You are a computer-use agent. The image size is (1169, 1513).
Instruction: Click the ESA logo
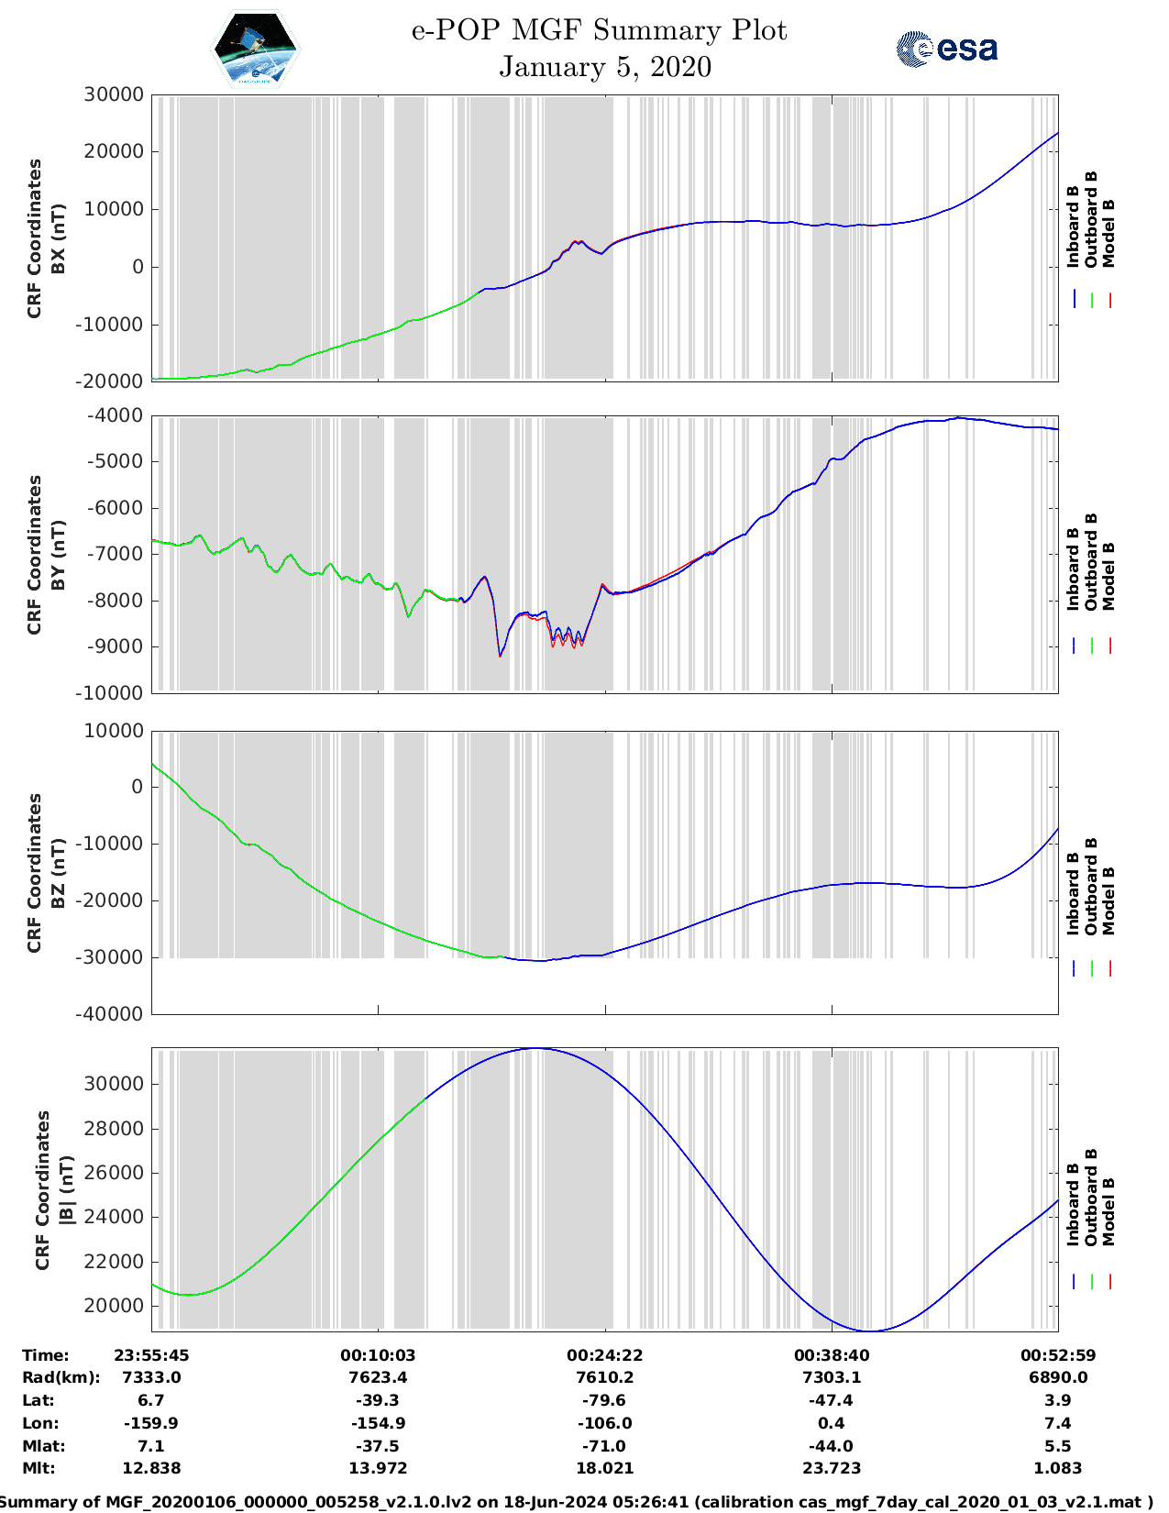click(x=947, y=49)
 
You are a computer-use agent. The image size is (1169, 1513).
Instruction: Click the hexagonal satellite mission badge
click(x=255, y=49)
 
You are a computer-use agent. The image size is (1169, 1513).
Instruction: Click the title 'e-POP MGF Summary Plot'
click(x=599, y=30)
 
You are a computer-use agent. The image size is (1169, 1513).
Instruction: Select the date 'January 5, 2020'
click(x=605, y=67)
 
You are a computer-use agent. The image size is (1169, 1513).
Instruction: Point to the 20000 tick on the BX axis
click(x=114, y=151)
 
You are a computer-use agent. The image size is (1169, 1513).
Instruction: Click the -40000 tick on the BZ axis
click(x=112, y=1014)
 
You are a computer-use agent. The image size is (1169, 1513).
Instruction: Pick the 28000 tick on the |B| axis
click(x=114, y=1129)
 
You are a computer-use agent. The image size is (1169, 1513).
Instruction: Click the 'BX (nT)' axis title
click(x=59, y=238)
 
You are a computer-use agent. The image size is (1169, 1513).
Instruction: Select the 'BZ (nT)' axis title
click(x=59, y=873)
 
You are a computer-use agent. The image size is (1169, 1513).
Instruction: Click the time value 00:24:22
click(x=605, y=1355)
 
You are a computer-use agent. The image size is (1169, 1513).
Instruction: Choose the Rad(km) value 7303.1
click(x=832, y=1377)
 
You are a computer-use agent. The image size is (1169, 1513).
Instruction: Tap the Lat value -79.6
click(x=605, y=1400)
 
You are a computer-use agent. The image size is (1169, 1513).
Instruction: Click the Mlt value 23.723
click(x=832, y=1468)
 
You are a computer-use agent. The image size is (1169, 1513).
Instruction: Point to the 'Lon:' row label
click(x=40, y=1423)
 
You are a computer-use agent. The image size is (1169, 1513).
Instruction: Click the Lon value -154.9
click(x=379, y=1423)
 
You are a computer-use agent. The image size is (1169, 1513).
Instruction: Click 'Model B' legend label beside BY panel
click(x=1108, y=576)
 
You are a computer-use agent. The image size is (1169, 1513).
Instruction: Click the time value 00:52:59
click(x=1058, y=1355)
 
